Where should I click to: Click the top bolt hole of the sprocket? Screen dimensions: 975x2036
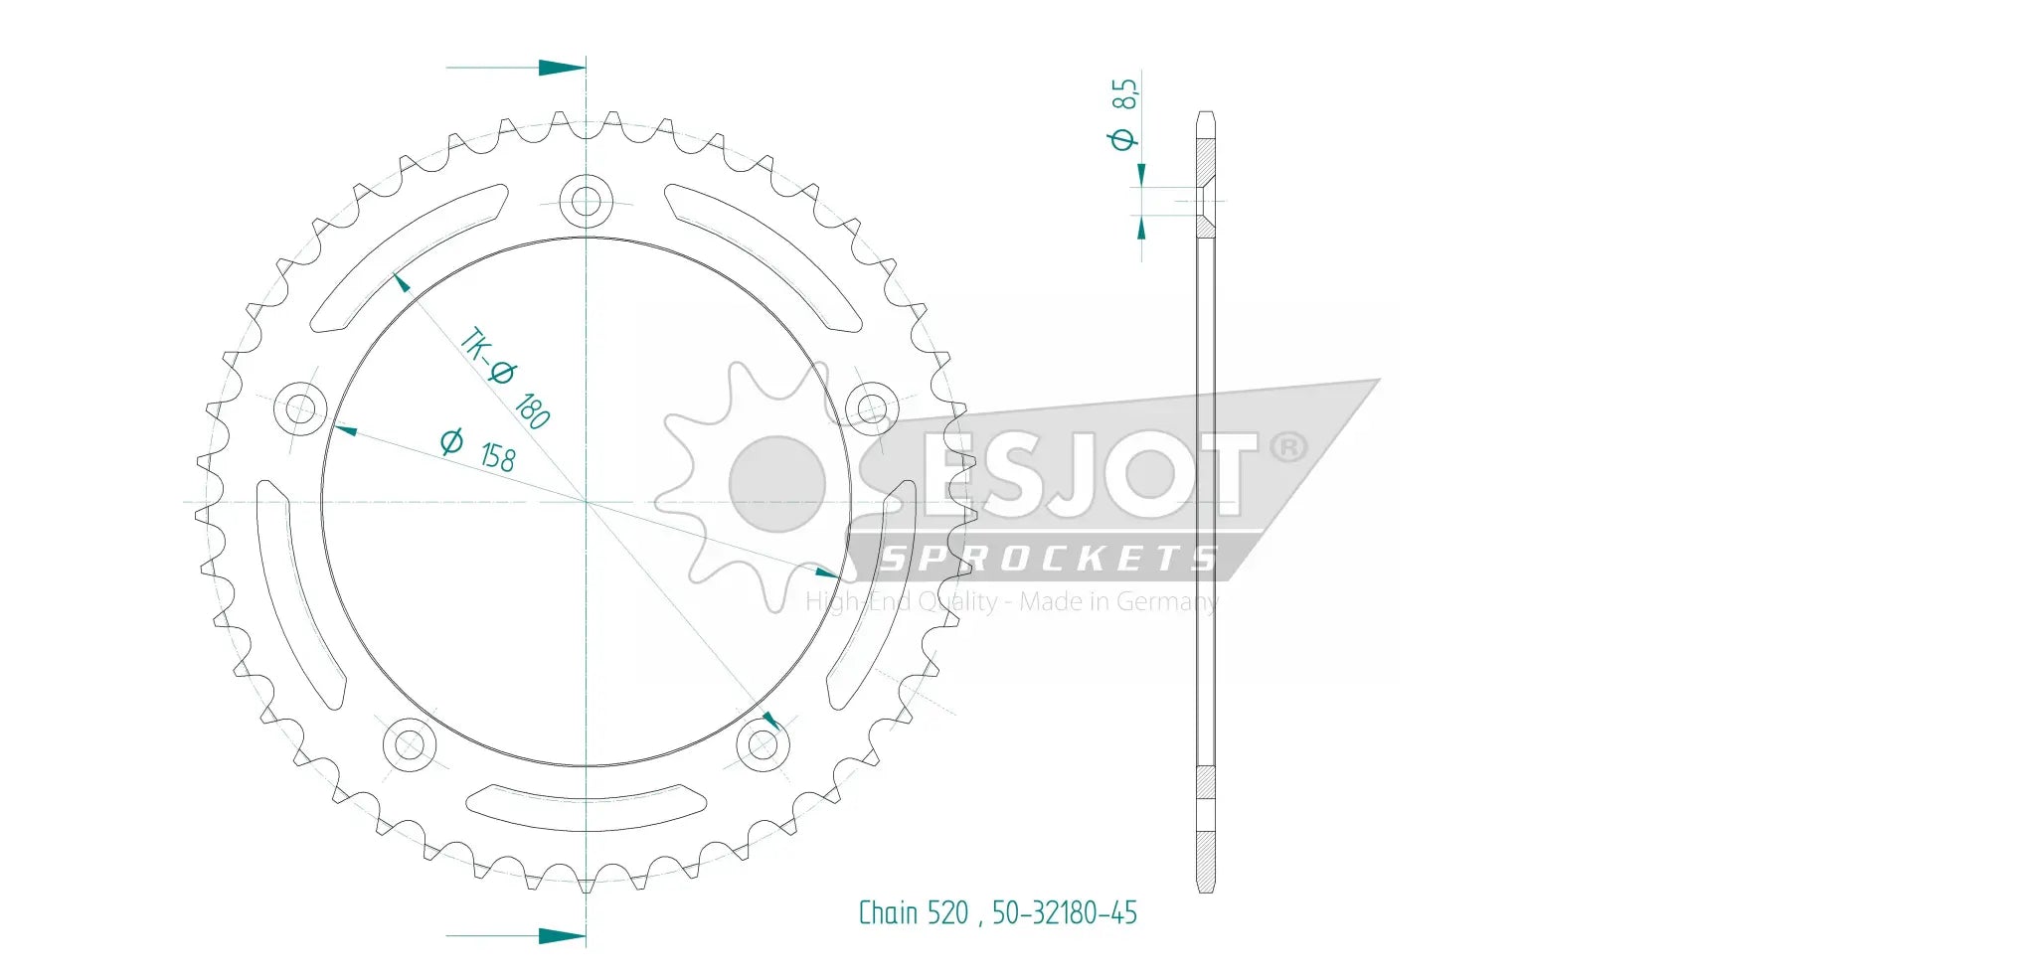586,201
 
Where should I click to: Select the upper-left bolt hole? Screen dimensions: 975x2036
300,407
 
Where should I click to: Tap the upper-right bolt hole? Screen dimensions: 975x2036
871,407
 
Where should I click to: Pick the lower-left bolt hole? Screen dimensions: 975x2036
409,743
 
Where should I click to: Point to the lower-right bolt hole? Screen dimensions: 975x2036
763,743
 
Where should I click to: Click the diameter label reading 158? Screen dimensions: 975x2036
478,449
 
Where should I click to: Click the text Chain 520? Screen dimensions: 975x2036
912,912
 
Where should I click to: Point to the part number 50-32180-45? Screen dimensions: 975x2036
1064,912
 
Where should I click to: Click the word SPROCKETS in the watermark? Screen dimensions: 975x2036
1049,559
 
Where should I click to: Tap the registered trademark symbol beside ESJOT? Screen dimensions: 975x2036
1288,447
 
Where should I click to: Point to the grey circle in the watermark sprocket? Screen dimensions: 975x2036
777,484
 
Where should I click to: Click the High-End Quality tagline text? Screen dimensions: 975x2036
1010,601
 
